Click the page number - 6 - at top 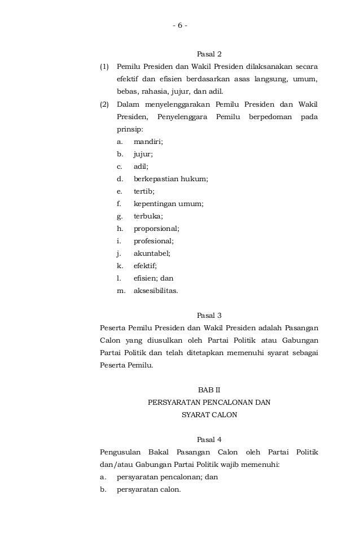[x=180, y=25]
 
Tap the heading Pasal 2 [x=209, y=55]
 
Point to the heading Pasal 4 [x=209, y=439]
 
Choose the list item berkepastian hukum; [x=170, y=179]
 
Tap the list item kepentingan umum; [x=169, y=204]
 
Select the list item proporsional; [x=156, y=229]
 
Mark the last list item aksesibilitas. [x=155, y=291]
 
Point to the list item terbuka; [x=148, y=216]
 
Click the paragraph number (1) [x=104, y=67]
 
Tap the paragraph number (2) [x=104, y=104]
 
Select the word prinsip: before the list [x=130, y=129]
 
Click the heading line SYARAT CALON [x=209, y=415]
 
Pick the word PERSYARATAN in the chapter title [x=172, y=403]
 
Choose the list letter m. [x=121, y=291]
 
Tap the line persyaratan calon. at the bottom [x=148, y=489]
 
